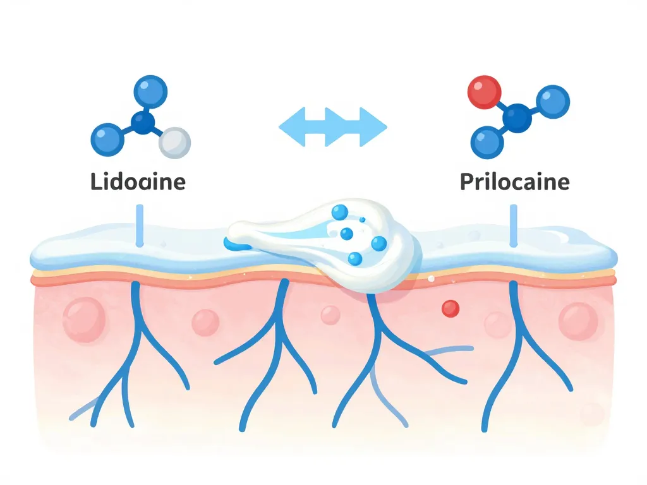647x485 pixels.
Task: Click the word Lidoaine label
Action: click(138, 182)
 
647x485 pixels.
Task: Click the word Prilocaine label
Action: click(514, 182)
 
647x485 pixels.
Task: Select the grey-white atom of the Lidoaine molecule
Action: click(174, 143)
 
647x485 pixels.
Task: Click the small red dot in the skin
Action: click(450, 308)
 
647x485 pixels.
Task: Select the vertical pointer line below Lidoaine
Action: click(140, 224)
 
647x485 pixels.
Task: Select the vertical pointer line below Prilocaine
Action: click(513, 224)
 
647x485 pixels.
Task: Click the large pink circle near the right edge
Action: click(578, 320)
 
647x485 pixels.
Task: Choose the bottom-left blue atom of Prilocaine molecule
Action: click(487, 143)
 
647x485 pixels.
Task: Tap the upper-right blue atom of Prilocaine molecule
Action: click(553, 102)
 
